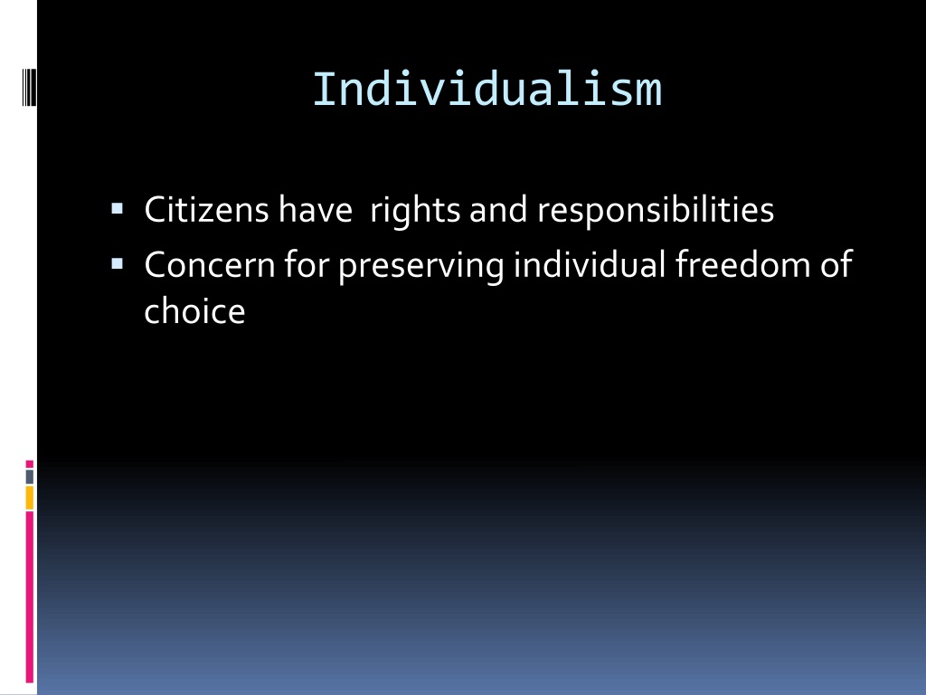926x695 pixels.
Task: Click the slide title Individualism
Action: coord(487,90)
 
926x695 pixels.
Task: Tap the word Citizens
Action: coord(206,211)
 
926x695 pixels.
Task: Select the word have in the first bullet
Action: coord(315,211)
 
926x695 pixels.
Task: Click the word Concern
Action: coord(207,265)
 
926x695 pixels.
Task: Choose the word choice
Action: coord(194,311)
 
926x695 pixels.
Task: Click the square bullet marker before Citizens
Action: coord(117,209)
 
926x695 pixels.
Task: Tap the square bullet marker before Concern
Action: coord(117,263)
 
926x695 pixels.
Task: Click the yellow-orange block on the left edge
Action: coord(30,497)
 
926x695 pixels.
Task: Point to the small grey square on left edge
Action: coord(30,476)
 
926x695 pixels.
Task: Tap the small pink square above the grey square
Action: coord(30,464)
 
